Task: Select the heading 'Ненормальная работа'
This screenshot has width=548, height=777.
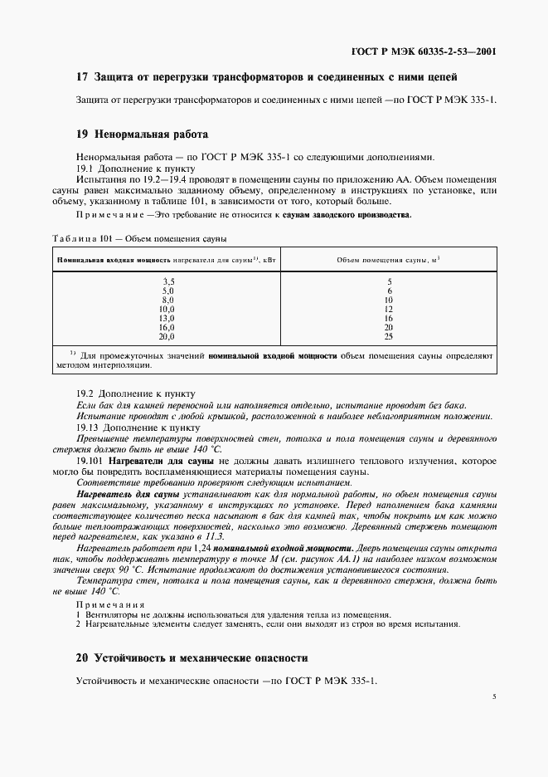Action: (152, 134)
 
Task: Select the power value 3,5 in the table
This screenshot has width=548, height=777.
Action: (167, 282)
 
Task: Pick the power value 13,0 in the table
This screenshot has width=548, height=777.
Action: (167, 319)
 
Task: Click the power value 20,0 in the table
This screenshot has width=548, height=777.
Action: (167, 337)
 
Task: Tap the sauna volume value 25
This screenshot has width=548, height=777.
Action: (388, 337)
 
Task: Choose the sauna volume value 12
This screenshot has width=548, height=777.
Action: (388, 310)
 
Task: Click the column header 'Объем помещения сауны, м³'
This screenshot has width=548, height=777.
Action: (388, 260)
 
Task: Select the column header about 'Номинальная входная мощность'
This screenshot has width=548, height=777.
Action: (165, 260)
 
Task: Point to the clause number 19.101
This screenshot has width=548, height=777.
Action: (89, 460)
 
